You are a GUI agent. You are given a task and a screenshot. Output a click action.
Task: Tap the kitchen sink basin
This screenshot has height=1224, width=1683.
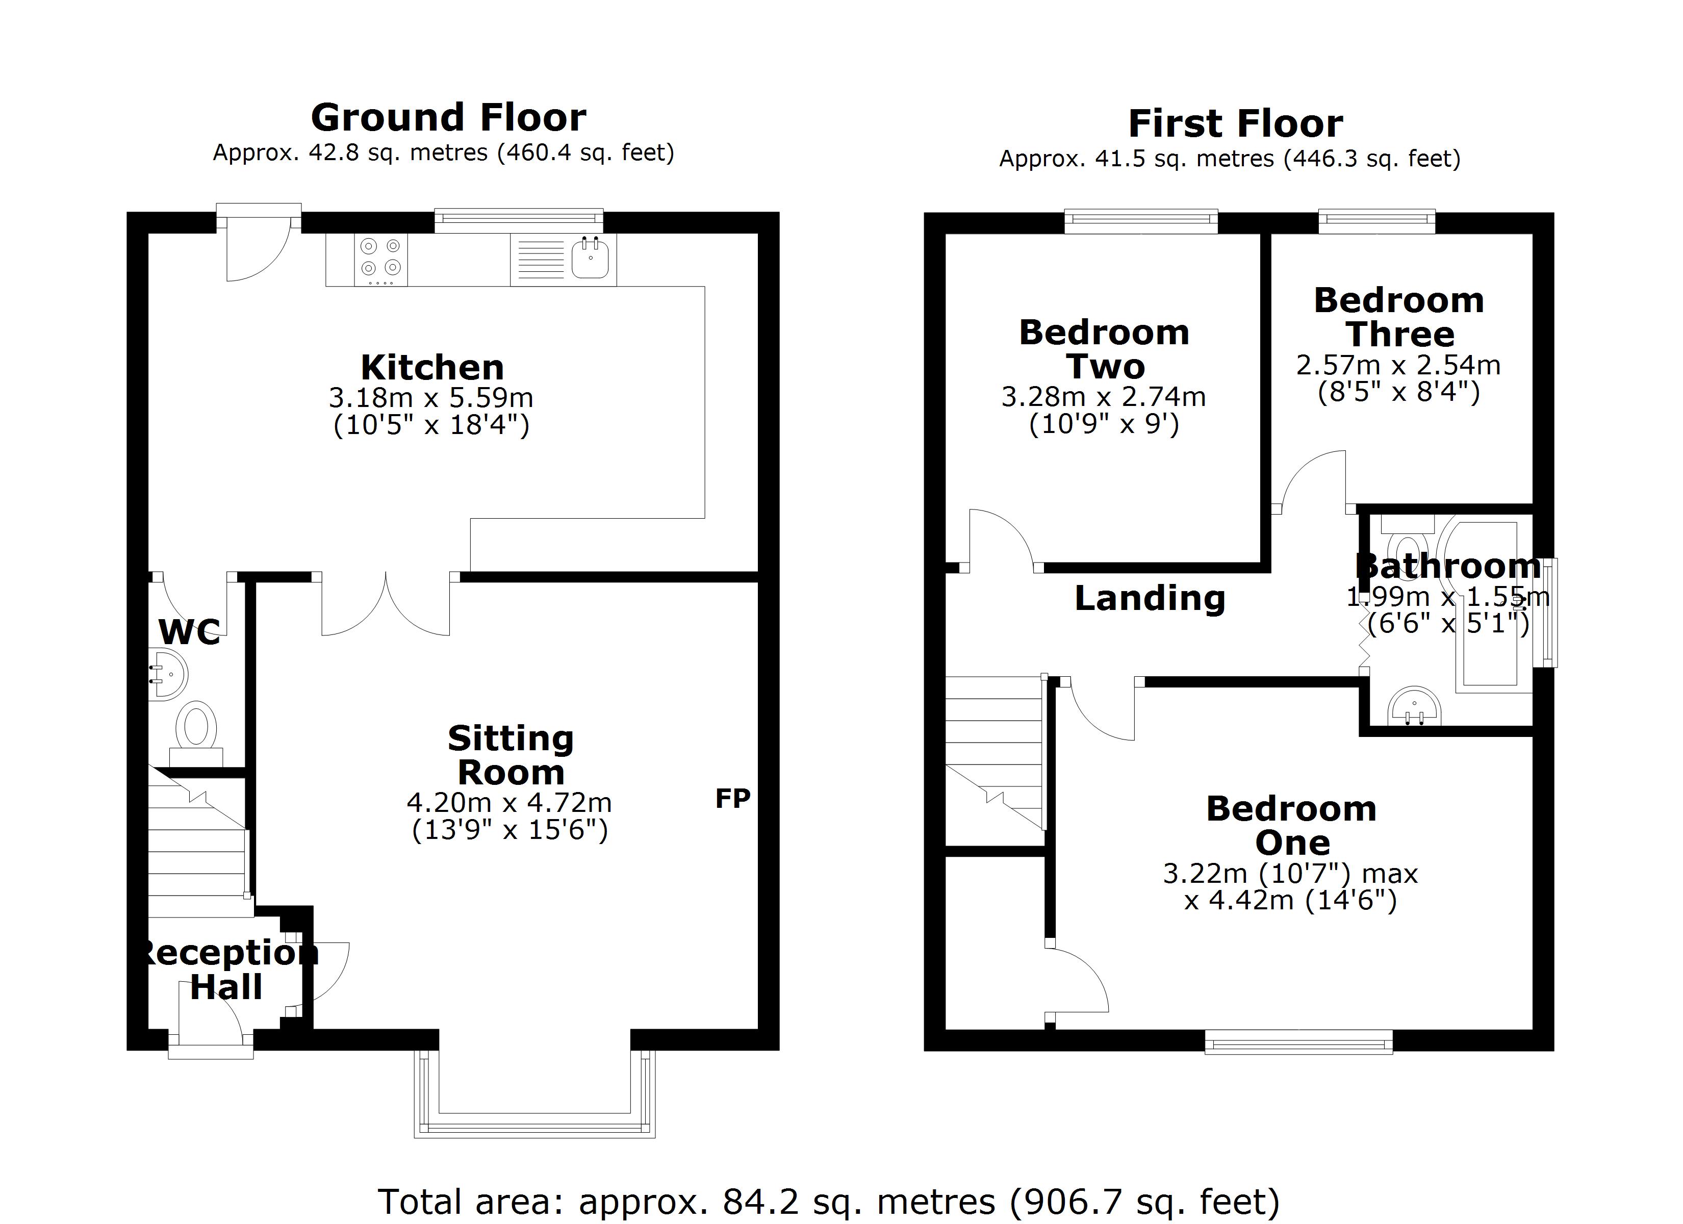coord(591,259)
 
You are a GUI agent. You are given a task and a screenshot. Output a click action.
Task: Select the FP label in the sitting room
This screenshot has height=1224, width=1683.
coord(732,799)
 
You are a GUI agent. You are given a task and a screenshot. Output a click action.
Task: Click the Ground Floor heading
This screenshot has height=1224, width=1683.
coord(448,117)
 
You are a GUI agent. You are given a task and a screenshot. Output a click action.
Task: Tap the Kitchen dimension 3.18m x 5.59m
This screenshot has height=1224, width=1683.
coord(431,398)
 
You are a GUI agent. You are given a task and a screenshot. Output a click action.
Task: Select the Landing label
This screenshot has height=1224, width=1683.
coord(1150,598)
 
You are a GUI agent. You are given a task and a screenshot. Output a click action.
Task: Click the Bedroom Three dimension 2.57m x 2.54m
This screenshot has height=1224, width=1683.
coord(1398,365)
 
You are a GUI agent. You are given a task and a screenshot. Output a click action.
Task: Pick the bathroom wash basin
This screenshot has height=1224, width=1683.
coord(1414,707)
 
